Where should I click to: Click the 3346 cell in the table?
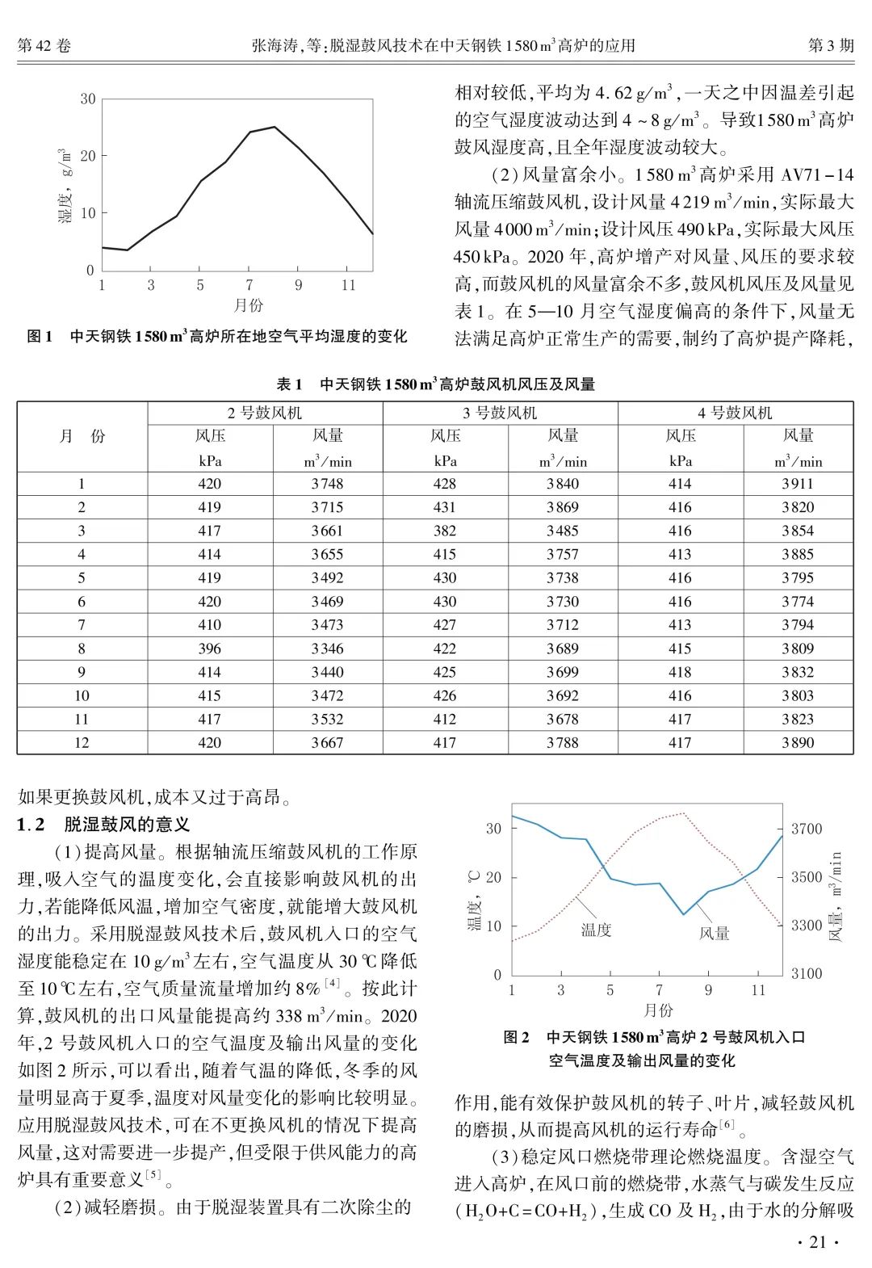click(327, 649)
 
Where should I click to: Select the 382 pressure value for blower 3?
click(445, 531)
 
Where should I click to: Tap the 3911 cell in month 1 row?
click(798, 484)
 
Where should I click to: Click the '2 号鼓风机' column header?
click(264, 413)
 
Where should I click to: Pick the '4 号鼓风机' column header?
click(735, 413)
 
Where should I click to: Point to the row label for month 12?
click(82, 742)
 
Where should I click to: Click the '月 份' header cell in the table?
click(82, 436)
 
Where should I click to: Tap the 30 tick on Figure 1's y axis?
click(87, 99)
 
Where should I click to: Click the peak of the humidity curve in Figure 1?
click(275, 127)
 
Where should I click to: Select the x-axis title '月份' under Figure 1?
click(249, 306)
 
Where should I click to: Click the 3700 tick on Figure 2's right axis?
click(806, 829)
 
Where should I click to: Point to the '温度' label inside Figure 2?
click(596, 930)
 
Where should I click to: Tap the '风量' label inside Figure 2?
click(714, 934)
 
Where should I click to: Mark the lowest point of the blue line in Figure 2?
click(684, 914)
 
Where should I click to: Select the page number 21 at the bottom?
click(817, 1242)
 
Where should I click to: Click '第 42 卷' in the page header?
click(44, 46)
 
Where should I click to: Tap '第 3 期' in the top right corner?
click(831, 46)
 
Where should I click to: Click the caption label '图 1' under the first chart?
click(40, 337)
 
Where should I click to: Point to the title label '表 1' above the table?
click(289, 384)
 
